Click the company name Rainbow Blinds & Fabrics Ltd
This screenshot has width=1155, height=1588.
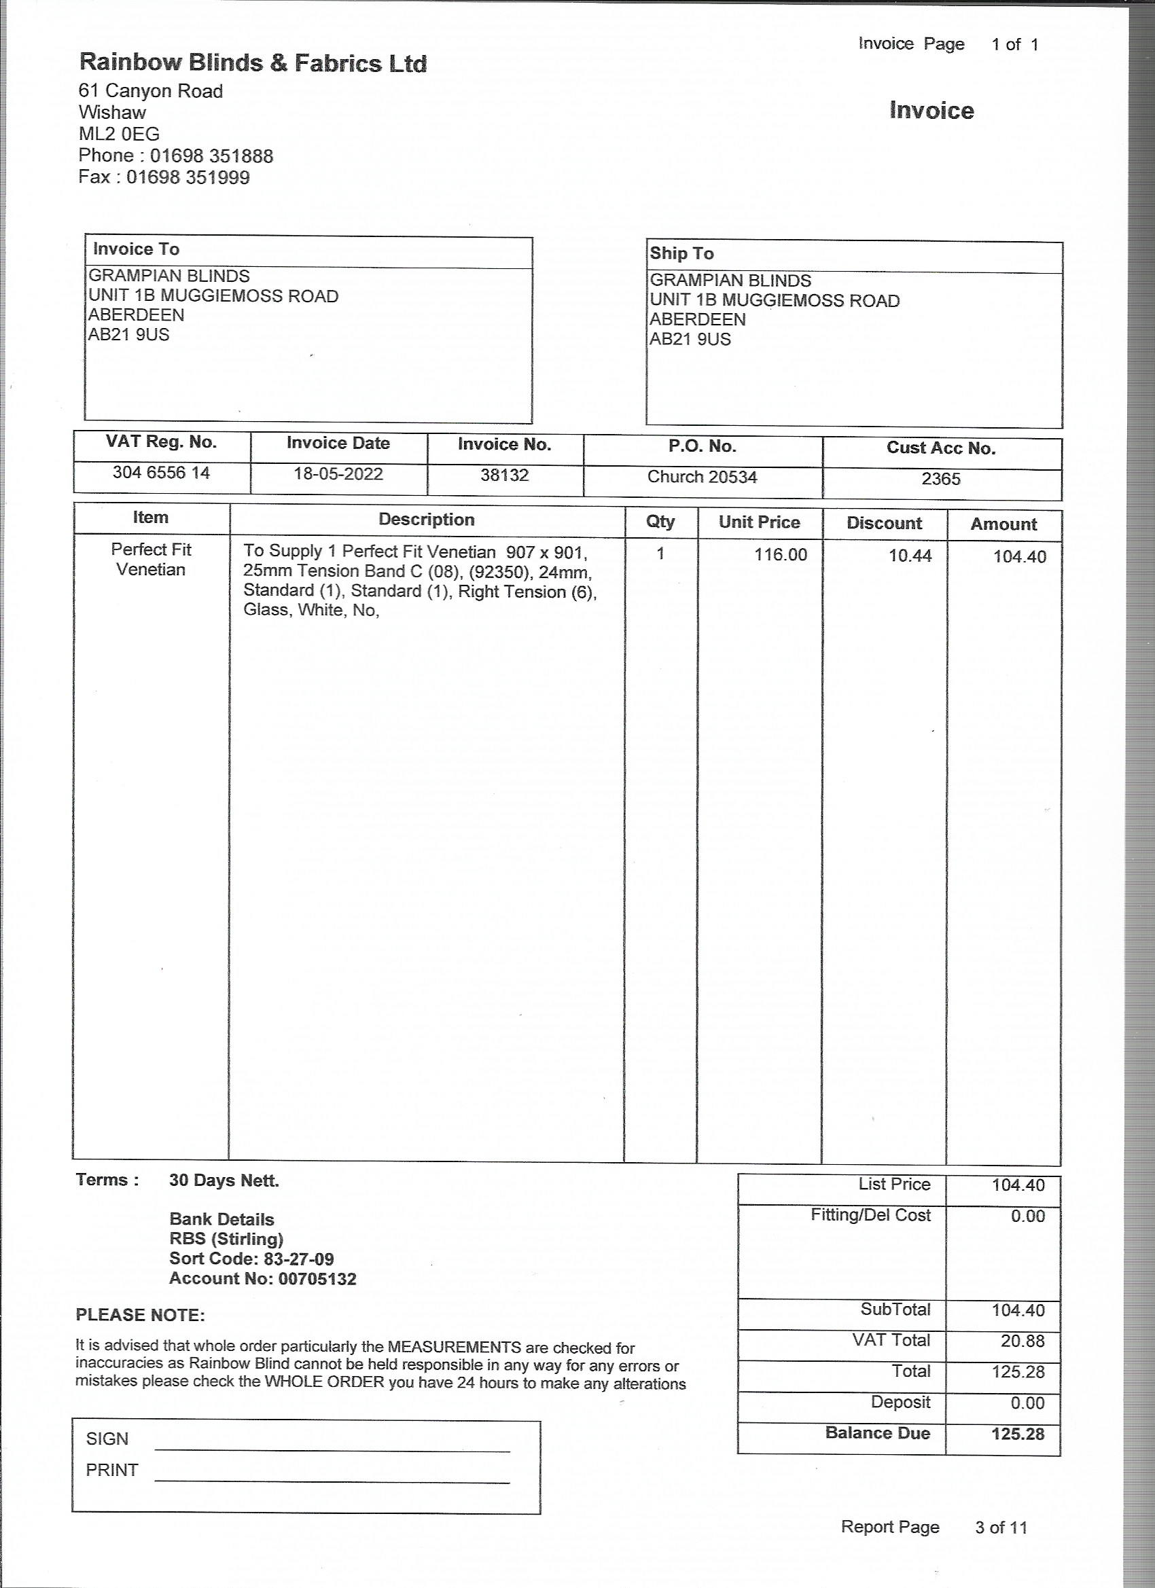click(x=252, y=63)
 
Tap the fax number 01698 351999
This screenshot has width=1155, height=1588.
click(x=188, y=177)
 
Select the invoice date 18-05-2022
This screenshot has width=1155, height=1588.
click(x=338, y=474)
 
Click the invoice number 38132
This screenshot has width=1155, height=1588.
click(x=504, y=475)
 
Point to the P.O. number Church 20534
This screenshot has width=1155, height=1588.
click(x=702, y=477)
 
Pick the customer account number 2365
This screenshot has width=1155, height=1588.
click(x=941, y=479)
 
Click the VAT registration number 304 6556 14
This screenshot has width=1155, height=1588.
click(x=161, y=473)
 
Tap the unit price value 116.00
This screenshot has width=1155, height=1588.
click(x=780, y=554)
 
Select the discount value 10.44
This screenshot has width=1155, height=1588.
click(x=910, y=556)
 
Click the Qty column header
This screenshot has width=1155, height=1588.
click(x=660, y=521)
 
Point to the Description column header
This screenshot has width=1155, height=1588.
click(x=426, y=520)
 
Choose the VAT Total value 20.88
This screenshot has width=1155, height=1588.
click(x=1022, y=1340)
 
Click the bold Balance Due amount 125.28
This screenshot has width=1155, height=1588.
click(x=1017, y=1433)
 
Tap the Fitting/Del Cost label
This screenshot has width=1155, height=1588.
click(x=870, y=1215)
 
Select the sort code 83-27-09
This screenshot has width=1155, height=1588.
click(x=298, y=1259)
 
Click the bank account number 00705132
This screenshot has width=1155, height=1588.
click(x=317, y=1278)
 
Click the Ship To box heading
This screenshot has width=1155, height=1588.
click(x=681, y=253)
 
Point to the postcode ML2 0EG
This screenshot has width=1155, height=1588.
click(x=119, y=134)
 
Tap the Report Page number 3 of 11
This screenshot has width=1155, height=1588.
click(x=1000, y=1527)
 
